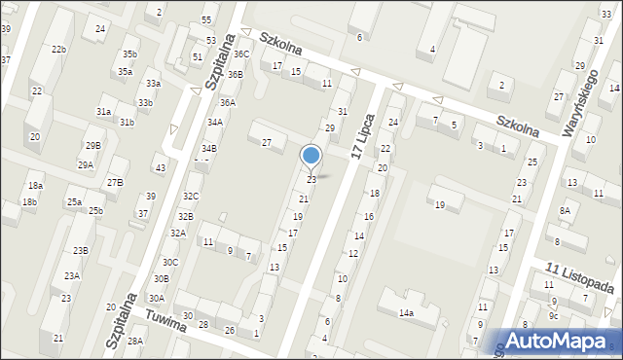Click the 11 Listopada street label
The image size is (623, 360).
[x=580, y=281]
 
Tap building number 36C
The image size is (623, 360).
[x=240, y=54]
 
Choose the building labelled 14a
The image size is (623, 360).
[x=405, y=313]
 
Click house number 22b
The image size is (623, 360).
[x=59, y=50]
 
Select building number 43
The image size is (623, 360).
[x=161, y=168]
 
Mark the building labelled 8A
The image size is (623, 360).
[x=565, y=210]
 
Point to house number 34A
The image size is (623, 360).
[x=214, y=123]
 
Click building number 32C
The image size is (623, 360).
[x=191, y=196]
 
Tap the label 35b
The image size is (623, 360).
[x=129, y=54]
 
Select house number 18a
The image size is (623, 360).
[x=35, y=186]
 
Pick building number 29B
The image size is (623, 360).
[x=92, y=145]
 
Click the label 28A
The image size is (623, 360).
[x=135, y=341]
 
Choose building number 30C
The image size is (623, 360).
[x=170, y=262]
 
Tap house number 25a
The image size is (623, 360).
[x=74, y=201]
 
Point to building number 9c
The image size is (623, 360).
[x=553, y=315]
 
